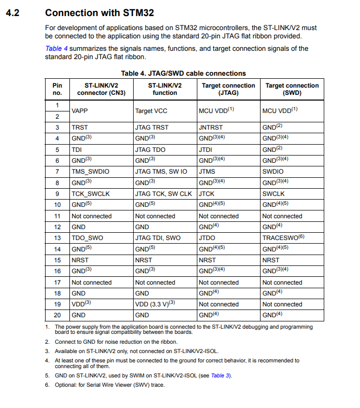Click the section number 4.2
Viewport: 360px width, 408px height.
12,12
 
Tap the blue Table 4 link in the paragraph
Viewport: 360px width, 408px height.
56,48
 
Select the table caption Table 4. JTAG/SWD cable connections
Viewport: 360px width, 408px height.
183,73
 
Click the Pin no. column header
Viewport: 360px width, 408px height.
57,89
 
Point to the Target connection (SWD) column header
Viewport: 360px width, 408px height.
292,89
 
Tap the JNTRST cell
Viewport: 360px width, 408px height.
210,127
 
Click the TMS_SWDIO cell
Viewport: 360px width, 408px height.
91,171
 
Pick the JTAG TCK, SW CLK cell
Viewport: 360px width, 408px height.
163,194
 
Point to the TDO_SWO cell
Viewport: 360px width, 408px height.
88,238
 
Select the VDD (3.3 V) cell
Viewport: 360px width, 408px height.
155,304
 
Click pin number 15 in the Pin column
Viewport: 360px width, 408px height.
57,260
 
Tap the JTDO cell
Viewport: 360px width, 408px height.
208,238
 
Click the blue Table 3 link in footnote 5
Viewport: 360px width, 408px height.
220,375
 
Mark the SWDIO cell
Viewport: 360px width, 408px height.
273,171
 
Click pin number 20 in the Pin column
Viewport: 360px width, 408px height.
57,315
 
